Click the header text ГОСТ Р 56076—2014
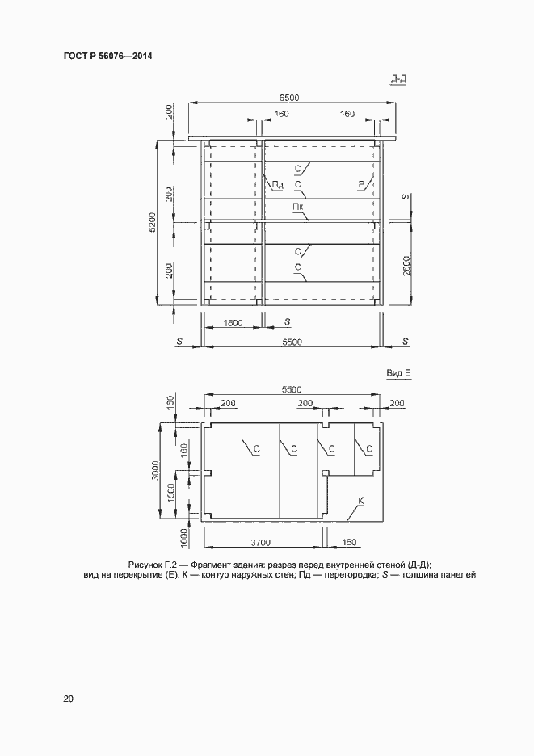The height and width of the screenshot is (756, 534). (107, 57)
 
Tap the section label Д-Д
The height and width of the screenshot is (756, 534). (398, 78)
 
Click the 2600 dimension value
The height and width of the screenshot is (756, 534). (408, 264)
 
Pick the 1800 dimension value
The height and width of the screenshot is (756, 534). (233, 323)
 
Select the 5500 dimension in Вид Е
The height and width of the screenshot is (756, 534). (292, 389)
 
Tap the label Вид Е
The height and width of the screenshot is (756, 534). (399, 374)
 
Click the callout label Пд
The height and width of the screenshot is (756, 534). (277, 185)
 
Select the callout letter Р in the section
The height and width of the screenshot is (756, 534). (361, 185)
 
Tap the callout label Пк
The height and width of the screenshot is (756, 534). (298, 207)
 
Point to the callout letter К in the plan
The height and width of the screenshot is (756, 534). (360, 502)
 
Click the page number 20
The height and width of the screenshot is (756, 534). (69, 699)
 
